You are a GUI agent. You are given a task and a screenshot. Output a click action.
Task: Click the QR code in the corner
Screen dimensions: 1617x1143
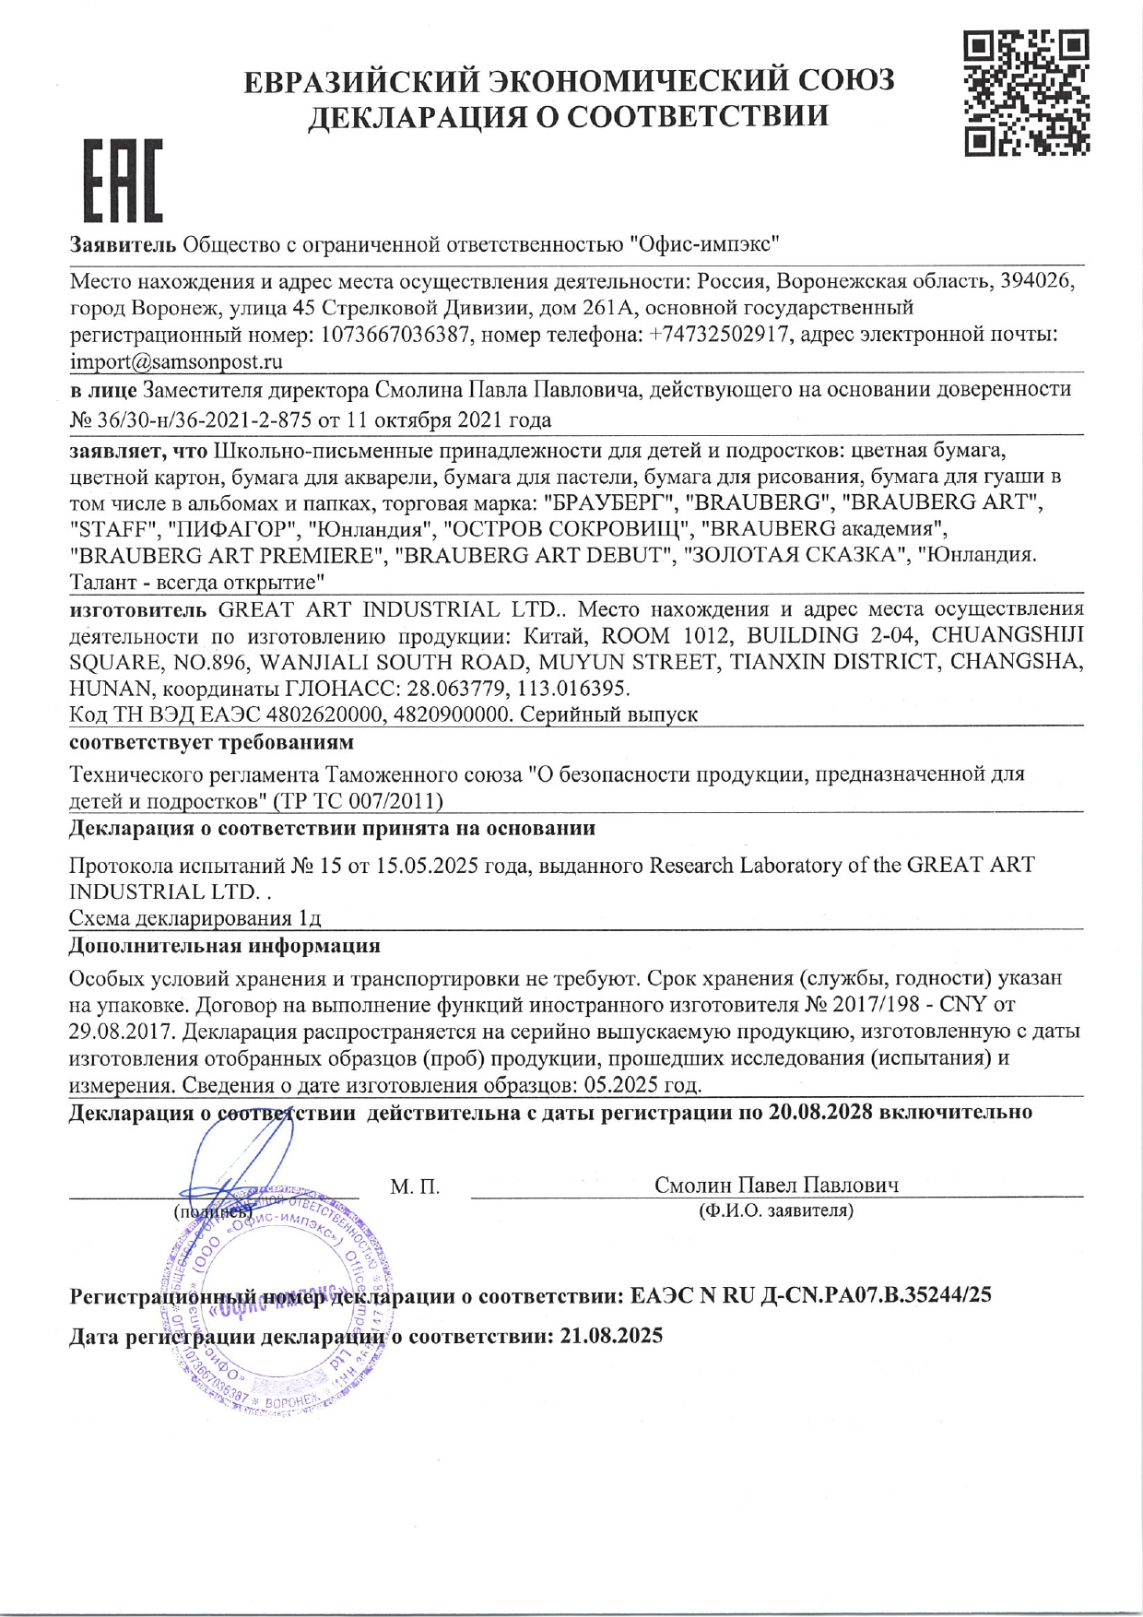point(1026,92)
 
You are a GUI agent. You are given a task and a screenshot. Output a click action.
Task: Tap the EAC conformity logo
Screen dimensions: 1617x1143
point(123,181)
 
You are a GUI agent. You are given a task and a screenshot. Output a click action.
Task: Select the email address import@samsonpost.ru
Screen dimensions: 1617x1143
point(176,361)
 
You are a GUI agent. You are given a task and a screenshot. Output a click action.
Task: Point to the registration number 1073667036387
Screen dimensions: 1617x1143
point(384,335)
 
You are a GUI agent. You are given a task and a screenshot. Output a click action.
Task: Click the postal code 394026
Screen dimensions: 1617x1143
point(1038,280)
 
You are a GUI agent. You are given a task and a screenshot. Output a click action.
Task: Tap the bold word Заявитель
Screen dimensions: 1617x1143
point(123,244)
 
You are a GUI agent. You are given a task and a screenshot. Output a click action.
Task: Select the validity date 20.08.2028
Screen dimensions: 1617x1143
point(819,1112)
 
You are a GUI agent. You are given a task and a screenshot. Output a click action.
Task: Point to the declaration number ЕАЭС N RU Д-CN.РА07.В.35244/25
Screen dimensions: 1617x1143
point(811,1295)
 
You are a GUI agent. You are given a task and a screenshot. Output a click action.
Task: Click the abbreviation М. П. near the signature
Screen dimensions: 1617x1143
point(415,1186)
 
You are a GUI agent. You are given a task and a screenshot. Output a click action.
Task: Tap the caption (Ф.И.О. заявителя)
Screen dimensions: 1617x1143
point(776,1210)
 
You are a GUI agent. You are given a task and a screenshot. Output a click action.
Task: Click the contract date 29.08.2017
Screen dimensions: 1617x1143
point(114,1031)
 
